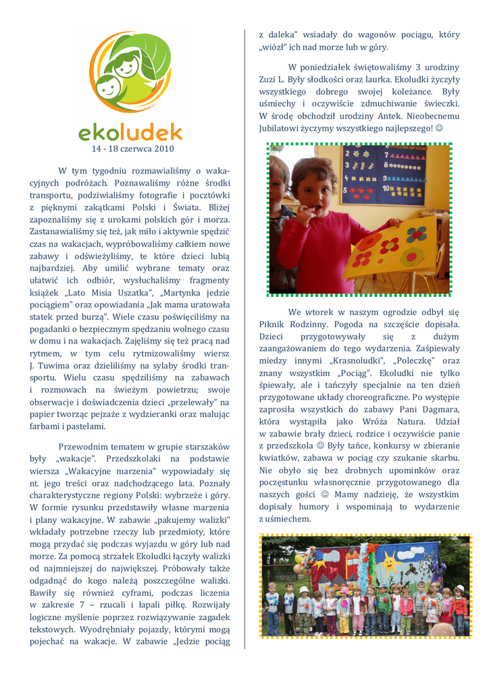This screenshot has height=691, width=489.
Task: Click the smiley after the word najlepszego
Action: pyautogui.click(x=440, y=128)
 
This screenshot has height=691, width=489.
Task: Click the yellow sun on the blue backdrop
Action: pyautogui.click(x=388, y=560)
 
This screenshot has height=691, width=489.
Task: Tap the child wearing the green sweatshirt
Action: pyautogui.click(x=384, y=605)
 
